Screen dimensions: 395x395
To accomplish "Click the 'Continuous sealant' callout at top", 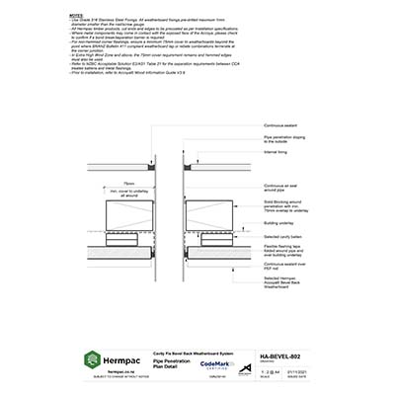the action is tap(284, 125).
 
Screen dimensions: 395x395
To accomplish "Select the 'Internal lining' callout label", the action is tap(279, 153).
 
